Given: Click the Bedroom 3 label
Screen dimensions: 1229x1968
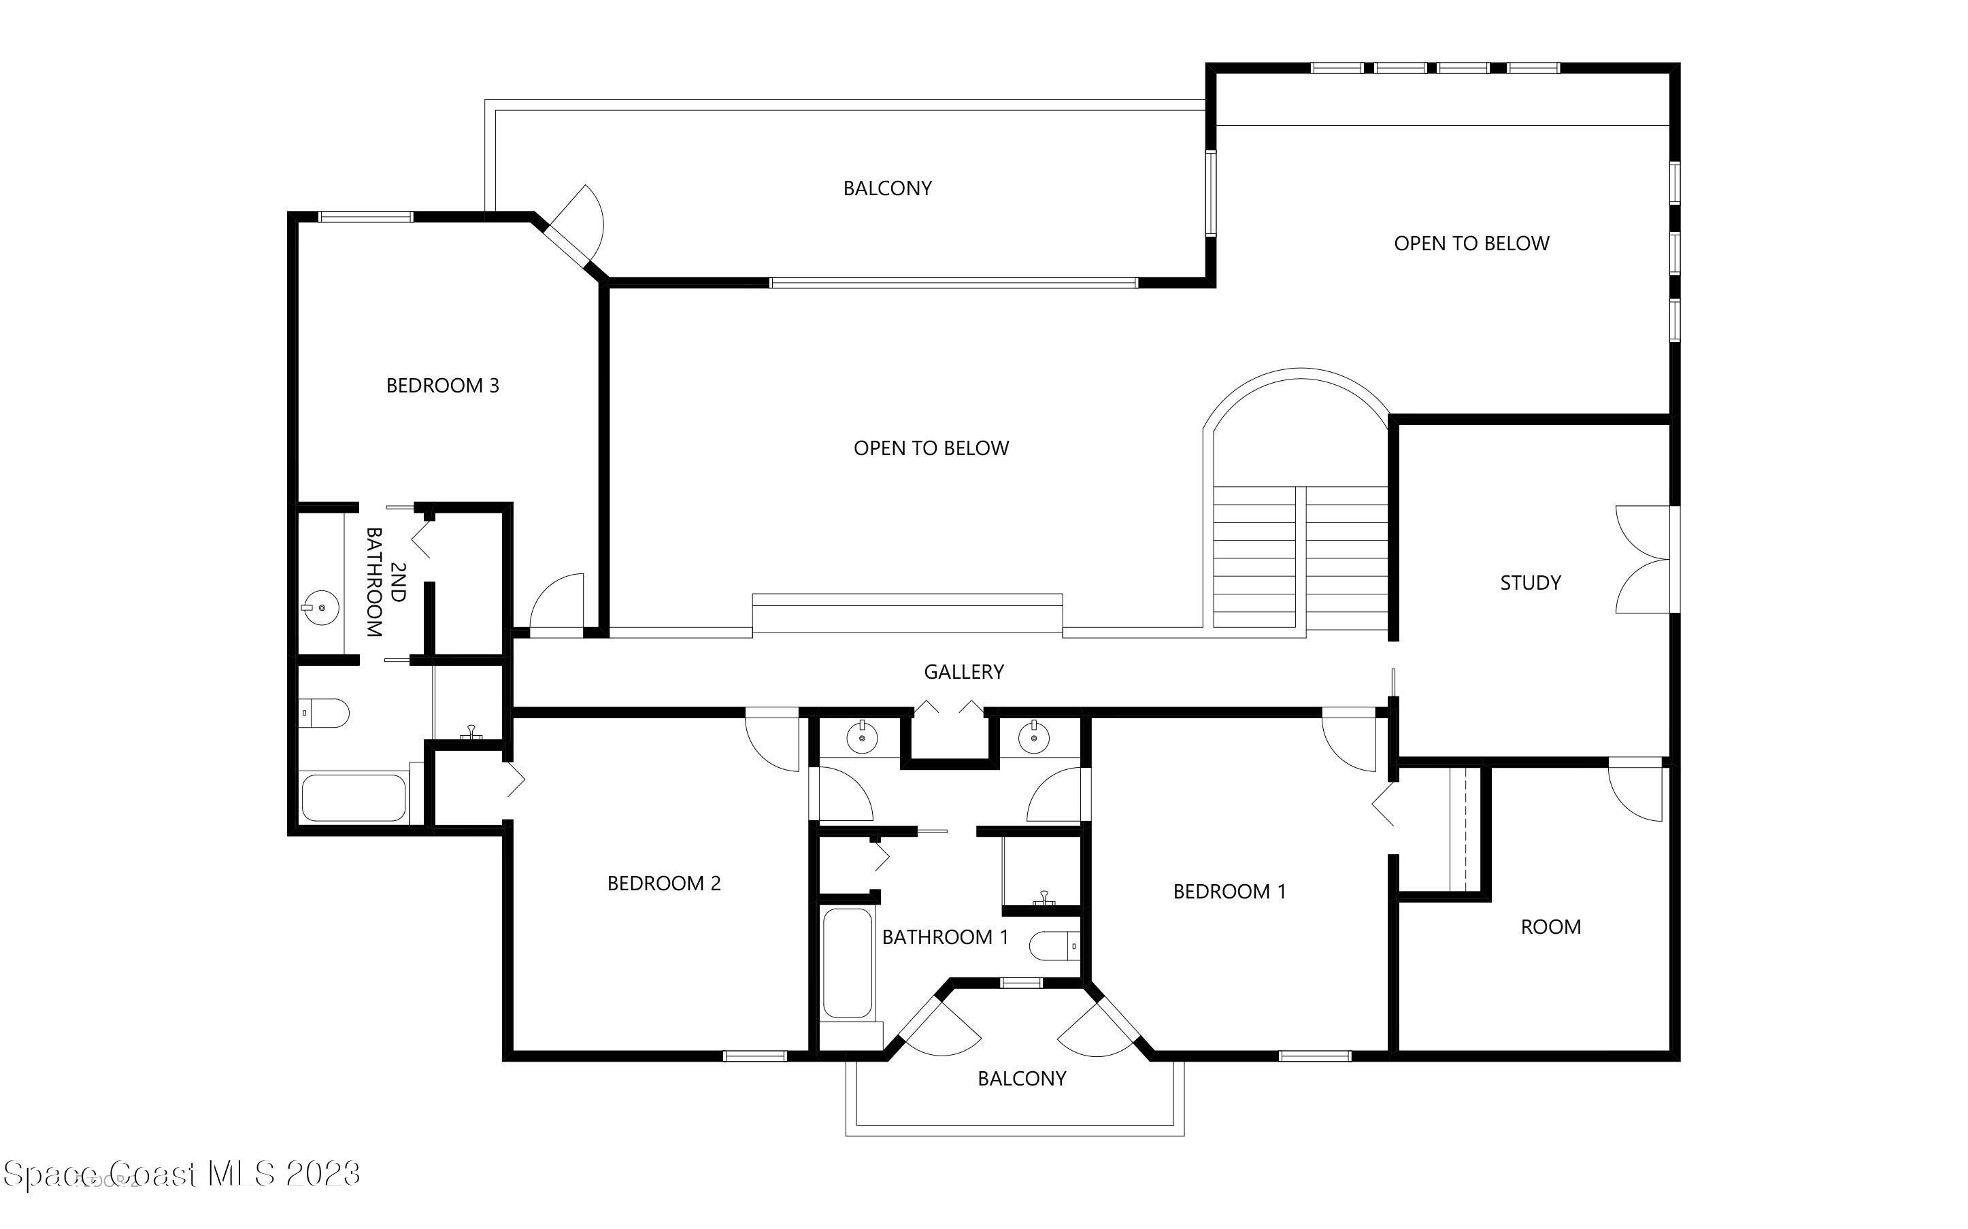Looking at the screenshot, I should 442,385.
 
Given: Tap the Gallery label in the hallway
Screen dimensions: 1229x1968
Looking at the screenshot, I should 963,671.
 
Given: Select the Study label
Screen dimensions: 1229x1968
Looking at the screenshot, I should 1530,583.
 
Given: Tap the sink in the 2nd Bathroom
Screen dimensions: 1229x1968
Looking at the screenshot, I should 320,607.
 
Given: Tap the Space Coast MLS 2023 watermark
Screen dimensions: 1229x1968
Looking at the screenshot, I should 181,1174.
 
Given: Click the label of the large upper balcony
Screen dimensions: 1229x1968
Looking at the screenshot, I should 887,188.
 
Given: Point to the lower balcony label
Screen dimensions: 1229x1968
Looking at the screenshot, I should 1021,1079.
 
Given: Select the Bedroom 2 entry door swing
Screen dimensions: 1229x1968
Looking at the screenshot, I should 773,741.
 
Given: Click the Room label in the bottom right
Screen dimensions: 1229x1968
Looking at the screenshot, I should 1550,926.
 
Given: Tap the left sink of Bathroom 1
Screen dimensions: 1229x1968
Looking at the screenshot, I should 861,738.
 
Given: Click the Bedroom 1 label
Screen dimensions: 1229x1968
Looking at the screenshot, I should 1229,892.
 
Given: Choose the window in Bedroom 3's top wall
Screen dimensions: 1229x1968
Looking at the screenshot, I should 365,217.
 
